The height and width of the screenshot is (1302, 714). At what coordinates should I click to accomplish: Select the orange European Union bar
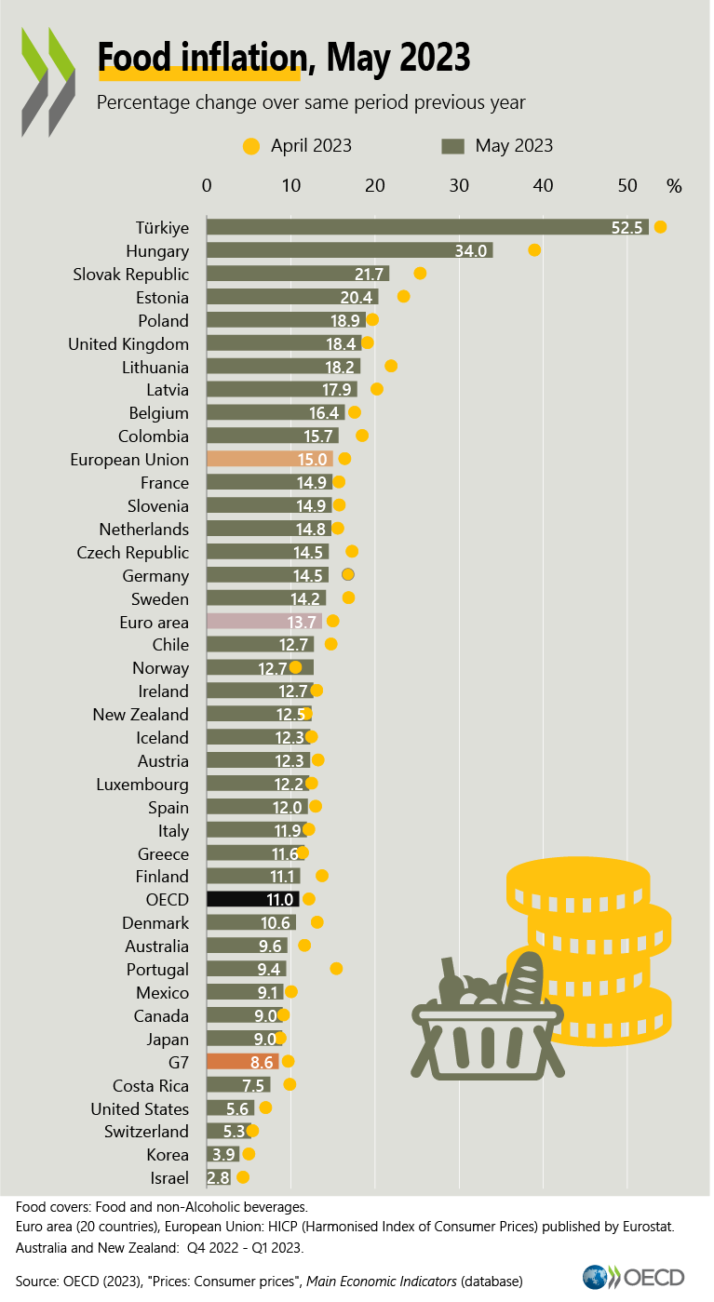(269, 459)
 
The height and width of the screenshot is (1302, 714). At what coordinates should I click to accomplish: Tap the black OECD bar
(252, 899)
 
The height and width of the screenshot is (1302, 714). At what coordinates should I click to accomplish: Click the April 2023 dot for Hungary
(534, 249)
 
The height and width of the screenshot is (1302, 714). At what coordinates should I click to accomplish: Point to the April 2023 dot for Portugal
(336, 969)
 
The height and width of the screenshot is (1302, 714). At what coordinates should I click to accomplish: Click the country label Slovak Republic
(131, 275)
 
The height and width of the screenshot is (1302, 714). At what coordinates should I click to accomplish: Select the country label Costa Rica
(151, 1086)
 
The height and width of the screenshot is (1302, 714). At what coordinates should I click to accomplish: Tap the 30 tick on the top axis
(459, 186)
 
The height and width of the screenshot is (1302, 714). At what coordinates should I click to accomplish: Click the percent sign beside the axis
(674, 186)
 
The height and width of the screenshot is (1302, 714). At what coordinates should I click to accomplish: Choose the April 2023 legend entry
(298, 145)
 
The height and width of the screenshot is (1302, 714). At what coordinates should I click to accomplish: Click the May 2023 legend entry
(498, 145)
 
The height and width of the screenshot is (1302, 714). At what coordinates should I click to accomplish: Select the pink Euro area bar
(263, 622)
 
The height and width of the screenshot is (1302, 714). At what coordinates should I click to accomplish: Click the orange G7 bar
(242, 1062)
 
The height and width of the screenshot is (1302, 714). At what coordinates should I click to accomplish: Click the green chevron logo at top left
(48, 79)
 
